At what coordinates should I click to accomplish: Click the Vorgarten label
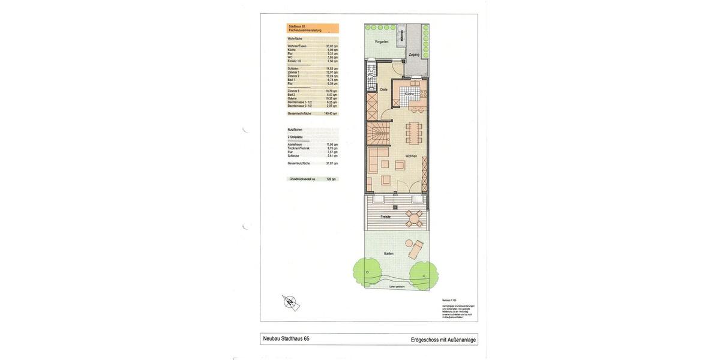pos(382,41)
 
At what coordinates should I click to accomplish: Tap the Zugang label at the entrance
pos(414,55)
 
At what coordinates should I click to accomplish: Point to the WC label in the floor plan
pos(370,74)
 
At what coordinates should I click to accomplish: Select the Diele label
pos(384,89)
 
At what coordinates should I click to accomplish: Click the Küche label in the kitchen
pos(409,94)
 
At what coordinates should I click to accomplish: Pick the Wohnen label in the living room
pos(411,156)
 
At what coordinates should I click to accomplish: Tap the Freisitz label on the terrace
pos(386,217)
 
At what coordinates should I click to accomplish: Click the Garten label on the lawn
pos(389,254)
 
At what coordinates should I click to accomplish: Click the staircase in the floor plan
pos(377,133)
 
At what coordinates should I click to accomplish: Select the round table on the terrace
pos(414,218)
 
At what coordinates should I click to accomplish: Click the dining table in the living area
pos(413,134)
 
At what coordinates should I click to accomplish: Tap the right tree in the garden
pos(423,274)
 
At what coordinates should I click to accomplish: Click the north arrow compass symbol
pos(291,302)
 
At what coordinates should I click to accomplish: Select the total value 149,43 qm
pos(331,113)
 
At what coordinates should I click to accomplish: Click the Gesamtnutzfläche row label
pos(299,163)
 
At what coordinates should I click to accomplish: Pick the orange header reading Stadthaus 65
pos(313,28)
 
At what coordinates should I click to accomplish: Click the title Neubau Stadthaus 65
pos(286,339)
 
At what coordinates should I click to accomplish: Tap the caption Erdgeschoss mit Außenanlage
pos(443,340)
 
